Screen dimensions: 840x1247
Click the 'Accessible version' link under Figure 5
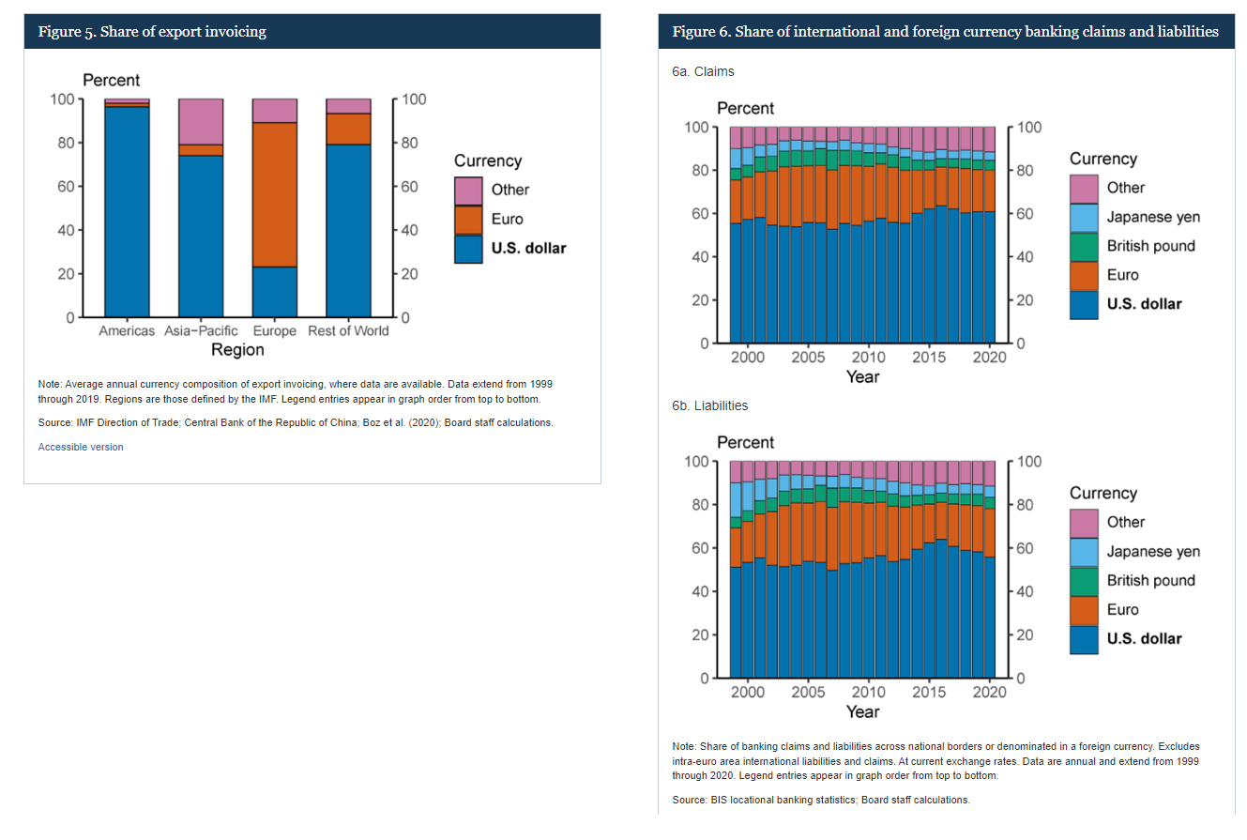point(81,447)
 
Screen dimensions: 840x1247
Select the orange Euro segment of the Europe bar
point(275,194)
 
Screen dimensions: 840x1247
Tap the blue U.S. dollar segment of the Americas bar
point(127,211)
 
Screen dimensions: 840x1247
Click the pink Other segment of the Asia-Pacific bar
point(201,121)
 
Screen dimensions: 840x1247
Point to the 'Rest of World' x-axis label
point(348,331)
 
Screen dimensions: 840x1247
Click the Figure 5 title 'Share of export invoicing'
point(152,32)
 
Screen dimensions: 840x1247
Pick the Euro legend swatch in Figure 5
point(468,220)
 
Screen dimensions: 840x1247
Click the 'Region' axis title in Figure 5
point(237,350)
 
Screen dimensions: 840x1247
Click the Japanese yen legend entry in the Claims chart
point(1153,217)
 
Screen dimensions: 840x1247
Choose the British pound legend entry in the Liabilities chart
point(1151,580)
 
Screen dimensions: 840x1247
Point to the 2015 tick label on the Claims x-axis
point(929,358)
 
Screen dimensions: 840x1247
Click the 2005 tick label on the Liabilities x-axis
point(808,692)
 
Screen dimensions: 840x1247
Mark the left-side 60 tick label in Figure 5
point(66,187)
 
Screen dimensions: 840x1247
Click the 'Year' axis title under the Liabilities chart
point(862,711)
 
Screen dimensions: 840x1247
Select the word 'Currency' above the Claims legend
point(1103,159)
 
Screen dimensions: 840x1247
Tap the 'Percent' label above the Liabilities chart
point(746,442)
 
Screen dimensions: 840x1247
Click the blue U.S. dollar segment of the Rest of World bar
point(348,230)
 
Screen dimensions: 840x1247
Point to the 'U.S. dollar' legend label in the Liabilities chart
point(1144,638)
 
